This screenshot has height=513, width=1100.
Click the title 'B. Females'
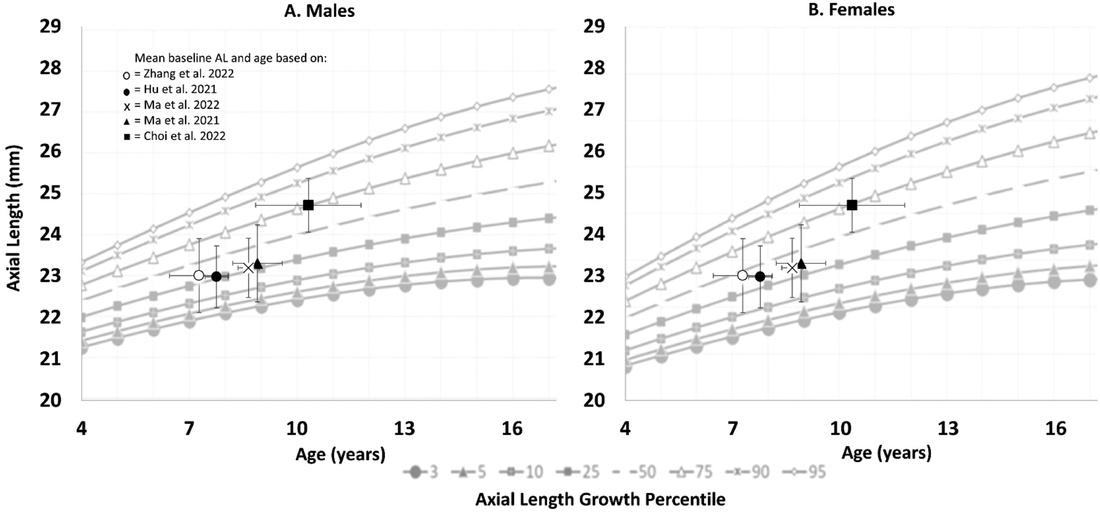(851, 10)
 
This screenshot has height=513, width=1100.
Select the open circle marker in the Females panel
(743, 275)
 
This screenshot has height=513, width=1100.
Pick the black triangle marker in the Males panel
(258, 264)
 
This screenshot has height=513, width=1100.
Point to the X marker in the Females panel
(792, 268)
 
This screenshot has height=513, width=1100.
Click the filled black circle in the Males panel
(216, 277)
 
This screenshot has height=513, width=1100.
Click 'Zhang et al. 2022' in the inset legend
(188, 74)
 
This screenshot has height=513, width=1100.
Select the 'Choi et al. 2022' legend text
(184, 136)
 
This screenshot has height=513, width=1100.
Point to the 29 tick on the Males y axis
(51, 27)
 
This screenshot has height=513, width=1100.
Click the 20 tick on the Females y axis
(594, 400)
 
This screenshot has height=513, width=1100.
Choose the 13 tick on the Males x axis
(404, 428)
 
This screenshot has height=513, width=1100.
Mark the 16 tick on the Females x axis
(1056, 428)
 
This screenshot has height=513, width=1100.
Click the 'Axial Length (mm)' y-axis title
(14, 218)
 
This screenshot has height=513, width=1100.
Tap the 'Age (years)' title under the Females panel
(886, 452)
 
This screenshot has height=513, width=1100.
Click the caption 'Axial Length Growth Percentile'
(600, 499)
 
